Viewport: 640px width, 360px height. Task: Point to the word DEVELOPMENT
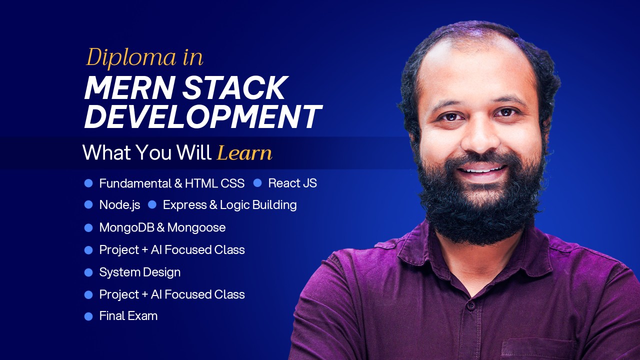point(202,117)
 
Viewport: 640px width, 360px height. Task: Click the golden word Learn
point(244,153)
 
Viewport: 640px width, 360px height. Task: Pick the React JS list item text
point(292,183)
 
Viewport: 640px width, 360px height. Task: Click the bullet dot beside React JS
point(257,183)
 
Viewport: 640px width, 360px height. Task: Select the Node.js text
point(119,205)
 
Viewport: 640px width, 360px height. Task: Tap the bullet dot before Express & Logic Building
point(152,204)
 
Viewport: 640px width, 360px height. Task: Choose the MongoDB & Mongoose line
point(162,227)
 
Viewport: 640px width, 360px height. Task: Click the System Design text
point(139,272)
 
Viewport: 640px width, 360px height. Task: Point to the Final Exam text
point(128,315)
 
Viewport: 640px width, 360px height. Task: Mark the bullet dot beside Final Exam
point(88,316)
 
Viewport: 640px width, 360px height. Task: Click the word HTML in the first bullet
point(201,183)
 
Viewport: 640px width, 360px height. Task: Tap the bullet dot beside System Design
point(88,272)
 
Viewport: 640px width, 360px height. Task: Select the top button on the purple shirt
point(469,304)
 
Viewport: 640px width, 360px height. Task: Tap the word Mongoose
point(196,227)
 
